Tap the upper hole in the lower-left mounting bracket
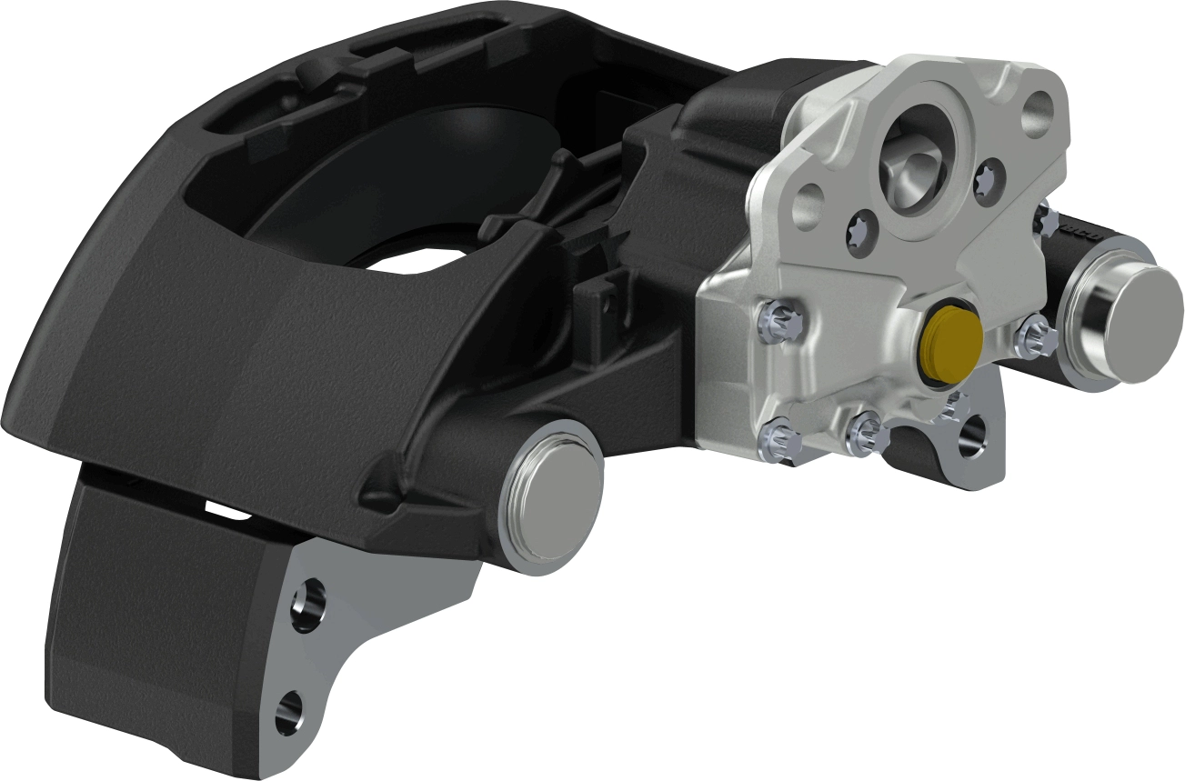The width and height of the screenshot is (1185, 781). (306, 604)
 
